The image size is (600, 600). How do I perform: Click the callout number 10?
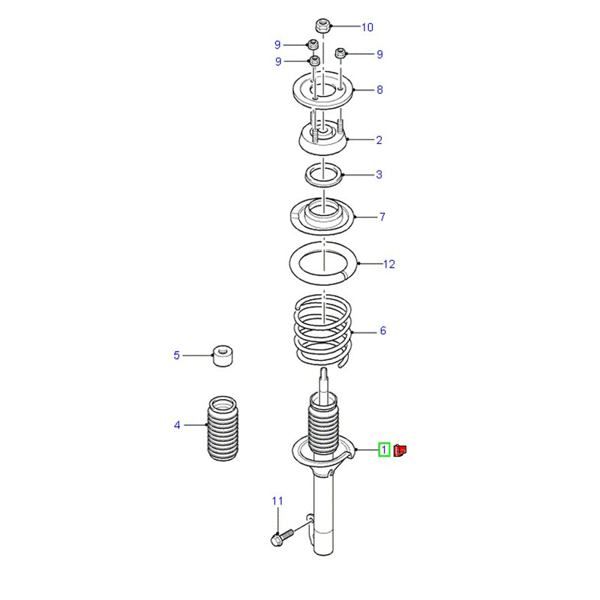tap(367, 27)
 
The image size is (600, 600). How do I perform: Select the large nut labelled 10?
tap(323, 25)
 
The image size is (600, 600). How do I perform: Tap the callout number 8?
tap(379, 89)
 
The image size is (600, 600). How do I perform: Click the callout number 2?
tap(379, 140)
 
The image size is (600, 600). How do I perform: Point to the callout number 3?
tap(379, 175)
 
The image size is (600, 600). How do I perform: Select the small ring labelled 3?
tap(324, 175)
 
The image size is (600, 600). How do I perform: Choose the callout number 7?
tap(382, 217)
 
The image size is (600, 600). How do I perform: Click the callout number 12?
tap(388, 264)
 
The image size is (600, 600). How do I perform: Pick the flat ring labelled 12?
tap(324, 263)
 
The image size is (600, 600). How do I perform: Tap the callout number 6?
tap(383, 331)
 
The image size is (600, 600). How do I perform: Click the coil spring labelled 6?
tap(324, 330)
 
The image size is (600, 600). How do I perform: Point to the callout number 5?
tap(176, 355)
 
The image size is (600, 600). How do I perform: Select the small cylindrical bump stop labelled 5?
tap(223, 355)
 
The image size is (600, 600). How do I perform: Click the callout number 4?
tap(177, 424)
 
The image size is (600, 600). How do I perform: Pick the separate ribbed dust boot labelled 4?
tap(222, 428)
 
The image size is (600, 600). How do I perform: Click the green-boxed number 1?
tap(384, 449)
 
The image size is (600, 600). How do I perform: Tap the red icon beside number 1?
tap(400, 451)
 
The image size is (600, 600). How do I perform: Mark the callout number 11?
tap(277, 501)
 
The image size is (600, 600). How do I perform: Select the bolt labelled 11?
tap(282, 537)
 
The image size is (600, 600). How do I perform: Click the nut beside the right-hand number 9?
tap(340, 52)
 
